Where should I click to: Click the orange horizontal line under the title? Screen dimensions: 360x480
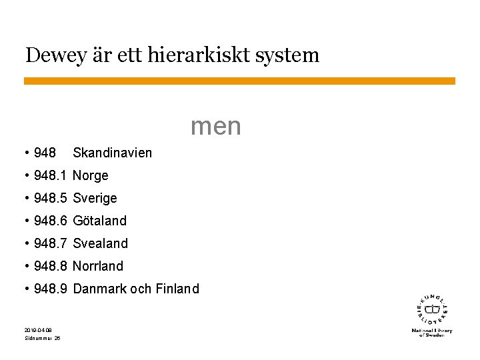240,81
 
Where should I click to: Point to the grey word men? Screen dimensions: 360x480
215,125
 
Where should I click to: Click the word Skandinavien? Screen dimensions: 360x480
112,153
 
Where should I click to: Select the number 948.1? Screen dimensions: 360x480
50,176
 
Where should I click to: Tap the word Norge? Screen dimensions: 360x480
90,176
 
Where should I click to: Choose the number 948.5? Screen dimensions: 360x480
50,199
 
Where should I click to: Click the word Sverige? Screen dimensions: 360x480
95,199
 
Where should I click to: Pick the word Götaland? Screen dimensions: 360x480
99,221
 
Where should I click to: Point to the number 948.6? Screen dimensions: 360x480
50,221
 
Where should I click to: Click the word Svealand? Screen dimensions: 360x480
100,243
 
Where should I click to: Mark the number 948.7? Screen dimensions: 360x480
50,243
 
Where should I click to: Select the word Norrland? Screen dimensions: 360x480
98,266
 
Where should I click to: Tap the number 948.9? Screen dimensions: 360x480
50,289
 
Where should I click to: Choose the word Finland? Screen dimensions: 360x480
177,289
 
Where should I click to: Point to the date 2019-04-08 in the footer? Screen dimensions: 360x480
37,330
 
